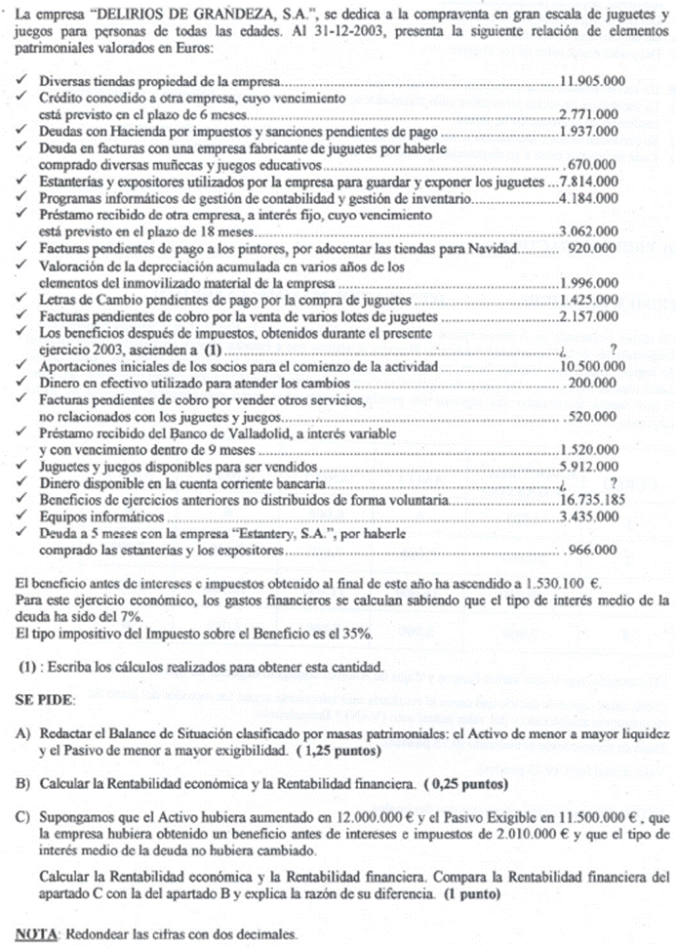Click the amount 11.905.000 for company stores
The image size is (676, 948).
pyautogui.click(x=589, y=84)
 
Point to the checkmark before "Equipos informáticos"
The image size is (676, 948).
pyautogui.click(x=22, y=516)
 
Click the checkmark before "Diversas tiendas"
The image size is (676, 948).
pyautogui.click(x=22, y=84)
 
